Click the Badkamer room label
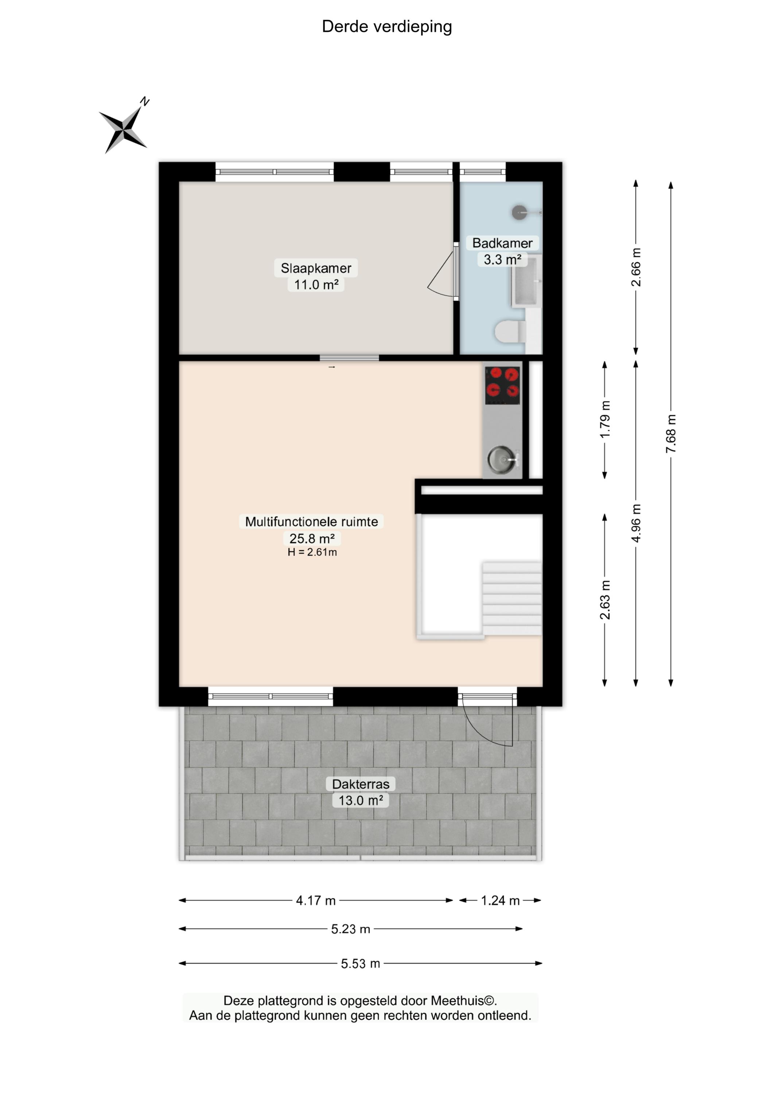[502, 243]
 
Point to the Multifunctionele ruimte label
[311, 521]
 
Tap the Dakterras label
[361, 784]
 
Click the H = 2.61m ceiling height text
[312, 552]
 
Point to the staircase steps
[512, 599]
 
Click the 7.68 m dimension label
[670, 434]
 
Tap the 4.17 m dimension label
[315, 900]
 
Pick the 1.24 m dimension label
[500, 900]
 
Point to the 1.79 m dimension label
[604, 419]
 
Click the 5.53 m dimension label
[360, 963]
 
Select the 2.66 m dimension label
[636, 267]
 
